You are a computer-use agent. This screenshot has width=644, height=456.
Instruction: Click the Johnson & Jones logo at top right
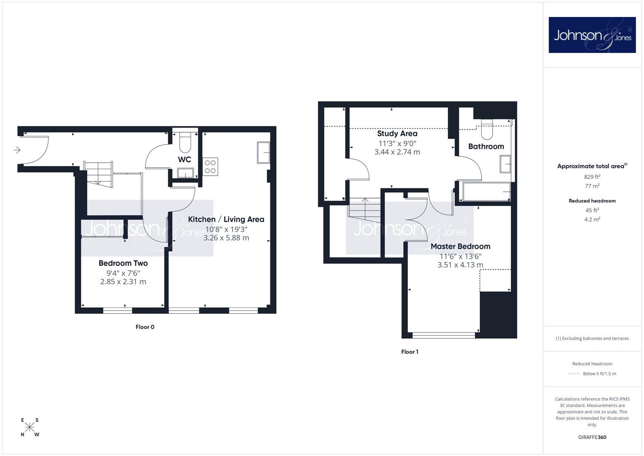pos(592,35)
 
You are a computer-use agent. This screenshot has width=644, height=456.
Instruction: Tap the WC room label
pos(184,160)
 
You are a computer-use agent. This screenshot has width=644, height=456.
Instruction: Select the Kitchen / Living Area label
pos(226,220)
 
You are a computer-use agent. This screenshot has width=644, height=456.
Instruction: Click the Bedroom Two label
pos(123,263)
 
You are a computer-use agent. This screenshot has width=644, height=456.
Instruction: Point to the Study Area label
pos(397,133)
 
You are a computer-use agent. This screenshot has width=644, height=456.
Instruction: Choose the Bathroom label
pos(486,147)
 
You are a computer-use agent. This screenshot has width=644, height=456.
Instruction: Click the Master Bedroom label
pos(460,247)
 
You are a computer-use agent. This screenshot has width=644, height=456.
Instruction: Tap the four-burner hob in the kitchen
pos(210,167)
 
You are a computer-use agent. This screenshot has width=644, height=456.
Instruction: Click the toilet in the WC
pos(185,142)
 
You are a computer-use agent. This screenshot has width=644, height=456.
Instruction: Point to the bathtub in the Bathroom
pos(486,191)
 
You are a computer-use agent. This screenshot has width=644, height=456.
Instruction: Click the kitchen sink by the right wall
pos(263,152)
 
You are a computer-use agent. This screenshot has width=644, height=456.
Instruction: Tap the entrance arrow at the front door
pos(17,150)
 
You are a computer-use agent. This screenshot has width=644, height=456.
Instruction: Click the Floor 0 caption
pos(145,327)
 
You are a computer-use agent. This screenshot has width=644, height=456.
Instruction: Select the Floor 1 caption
pos(410,352)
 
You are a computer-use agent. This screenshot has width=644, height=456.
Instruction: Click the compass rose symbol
pos(30,427)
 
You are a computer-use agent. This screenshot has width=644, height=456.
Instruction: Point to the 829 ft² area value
pos(592,177)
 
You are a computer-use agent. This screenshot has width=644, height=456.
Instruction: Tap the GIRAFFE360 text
pos(592,437)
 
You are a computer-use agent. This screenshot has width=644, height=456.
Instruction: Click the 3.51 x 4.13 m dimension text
pos(460,265)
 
